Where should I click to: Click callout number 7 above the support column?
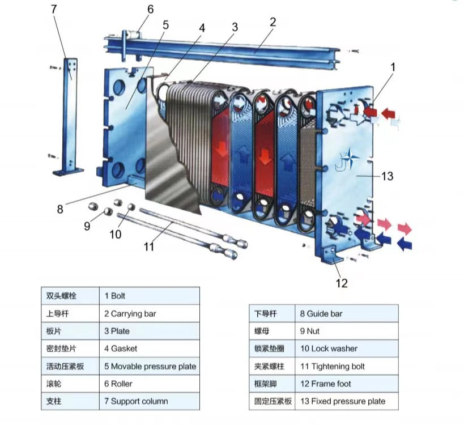54,10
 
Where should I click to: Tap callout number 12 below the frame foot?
342,283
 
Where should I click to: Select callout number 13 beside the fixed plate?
387,176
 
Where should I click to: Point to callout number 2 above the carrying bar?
273,22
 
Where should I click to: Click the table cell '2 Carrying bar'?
150,313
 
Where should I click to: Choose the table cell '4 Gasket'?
150,348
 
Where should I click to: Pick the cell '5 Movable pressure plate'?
150,366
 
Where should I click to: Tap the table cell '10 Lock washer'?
347,348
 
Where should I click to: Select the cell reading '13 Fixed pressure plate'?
347,401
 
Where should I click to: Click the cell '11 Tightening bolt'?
347,366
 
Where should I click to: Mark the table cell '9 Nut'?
347,331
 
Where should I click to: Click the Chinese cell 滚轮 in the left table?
70,384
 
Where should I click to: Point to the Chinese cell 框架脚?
272,384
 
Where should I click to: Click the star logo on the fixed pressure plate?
350,158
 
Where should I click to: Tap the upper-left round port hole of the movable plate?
120,87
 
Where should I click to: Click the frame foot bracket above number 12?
331,254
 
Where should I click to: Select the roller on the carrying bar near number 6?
131,36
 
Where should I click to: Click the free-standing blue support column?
70,116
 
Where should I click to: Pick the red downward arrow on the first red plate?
221,149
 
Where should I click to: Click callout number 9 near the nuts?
87,226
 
